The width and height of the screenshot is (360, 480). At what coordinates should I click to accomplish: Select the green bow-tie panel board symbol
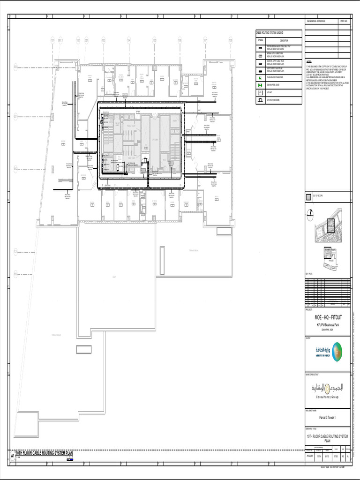coord(260,85)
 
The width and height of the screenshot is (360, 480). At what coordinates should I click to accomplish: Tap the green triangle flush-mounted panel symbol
coord(260,77)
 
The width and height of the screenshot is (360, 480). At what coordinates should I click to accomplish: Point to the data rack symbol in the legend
coord(260,100)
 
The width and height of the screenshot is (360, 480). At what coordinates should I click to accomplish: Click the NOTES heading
coord(309,61)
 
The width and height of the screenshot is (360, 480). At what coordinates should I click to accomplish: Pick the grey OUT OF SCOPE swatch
coord(308,196)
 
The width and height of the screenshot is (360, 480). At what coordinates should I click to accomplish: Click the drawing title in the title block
coord(328,438)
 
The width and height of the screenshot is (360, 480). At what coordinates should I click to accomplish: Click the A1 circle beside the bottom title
coord(13,456)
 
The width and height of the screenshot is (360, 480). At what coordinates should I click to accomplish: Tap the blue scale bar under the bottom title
coord(70,459)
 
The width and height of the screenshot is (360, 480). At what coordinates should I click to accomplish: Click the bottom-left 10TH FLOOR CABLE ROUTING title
coord(45,453)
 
